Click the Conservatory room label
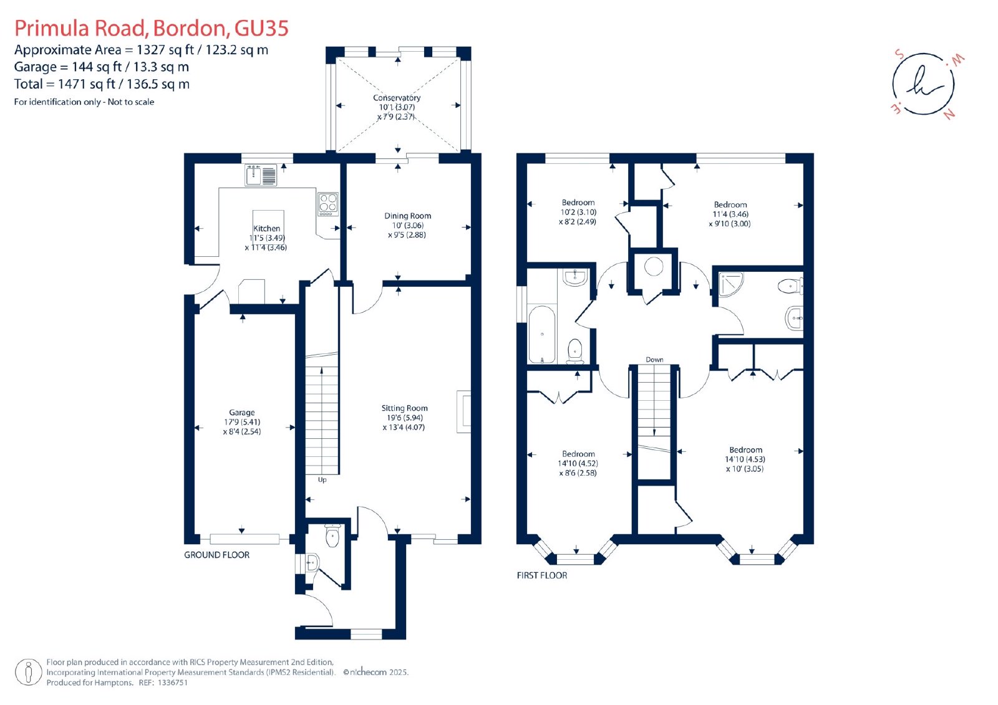(397, 97)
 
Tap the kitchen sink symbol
(261, 175)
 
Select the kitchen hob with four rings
(328, 204)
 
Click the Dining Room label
(408, 216)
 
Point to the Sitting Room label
(405, 408)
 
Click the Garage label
(242, 413)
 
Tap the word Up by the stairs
(322, 479)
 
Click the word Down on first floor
(654, 360)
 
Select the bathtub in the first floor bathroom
(542, 335)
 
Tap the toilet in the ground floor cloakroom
(333, 535)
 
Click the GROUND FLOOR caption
(217, 555)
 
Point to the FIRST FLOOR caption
(542, 575)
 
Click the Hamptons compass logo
(924, 84)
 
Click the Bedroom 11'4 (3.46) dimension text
(730, 214)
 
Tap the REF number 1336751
(170, 683)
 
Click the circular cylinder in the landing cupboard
(654, 267)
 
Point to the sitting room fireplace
(464, 412)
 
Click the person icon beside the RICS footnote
(29, 672)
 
